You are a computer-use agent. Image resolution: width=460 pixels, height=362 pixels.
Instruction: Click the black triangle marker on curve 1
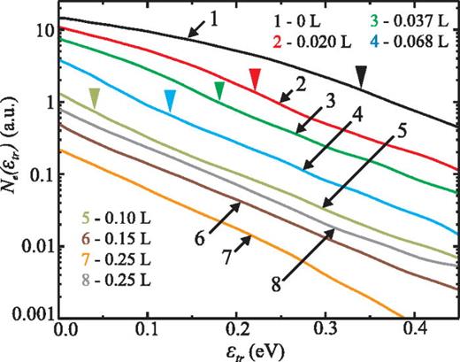(361, 80)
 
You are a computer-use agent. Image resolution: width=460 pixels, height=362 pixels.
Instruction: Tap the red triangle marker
(255, 79)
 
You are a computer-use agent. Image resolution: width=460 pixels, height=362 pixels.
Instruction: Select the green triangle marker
(220, 89)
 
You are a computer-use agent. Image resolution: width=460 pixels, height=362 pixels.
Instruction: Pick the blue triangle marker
(170, 101)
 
